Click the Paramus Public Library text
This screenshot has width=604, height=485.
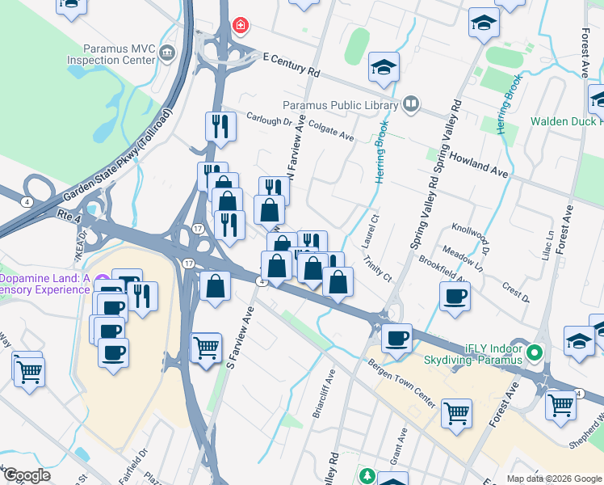point(340,105)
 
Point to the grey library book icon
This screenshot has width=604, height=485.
point(412,103)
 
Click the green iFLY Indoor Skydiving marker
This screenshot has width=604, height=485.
point(533,353)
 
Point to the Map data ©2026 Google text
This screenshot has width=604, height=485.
point(553,478)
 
